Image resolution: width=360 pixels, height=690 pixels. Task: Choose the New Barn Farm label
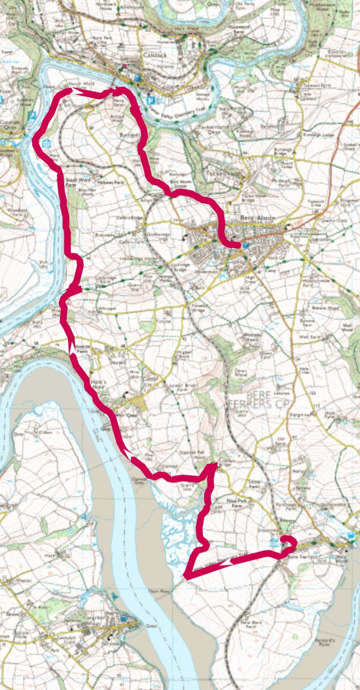[x=251, y=623]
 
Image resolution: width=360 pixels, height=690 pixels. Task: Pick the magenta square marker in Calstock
[x=124, y=66]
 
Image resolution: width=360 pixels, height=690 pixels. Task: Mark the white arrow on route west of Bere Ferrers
[x=227, y=562]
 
